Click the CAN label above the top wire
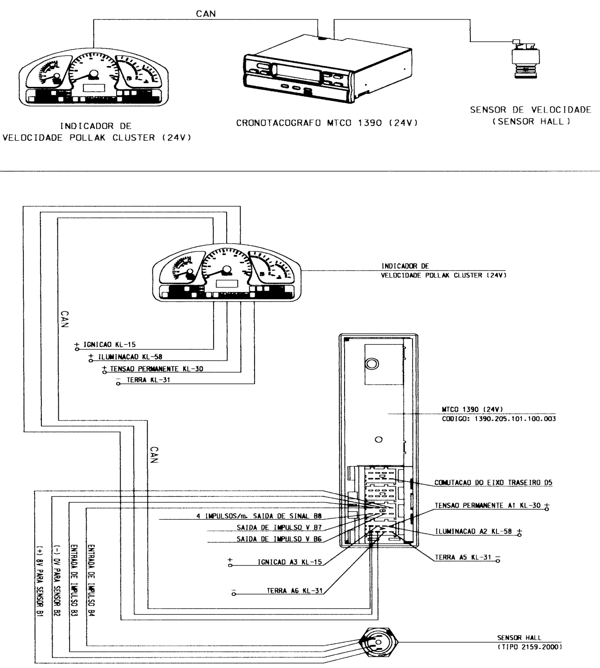click(206, 14)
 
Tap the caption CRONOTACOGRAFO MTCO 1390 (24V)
click(327, 123)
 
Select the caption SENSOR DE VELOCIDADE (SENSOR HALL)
click(531, 116)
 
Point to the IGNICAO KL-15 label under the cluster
click(109, 345)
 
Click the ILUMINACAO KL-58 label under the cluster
click(130, 357)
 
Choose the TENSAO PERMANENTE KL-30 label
click(157, 369)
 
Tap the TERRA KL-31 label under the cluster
click(148, 380)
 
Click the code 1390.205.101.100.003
click(515, 419)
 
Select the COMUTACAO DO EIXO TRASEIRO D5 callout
click(493, 482)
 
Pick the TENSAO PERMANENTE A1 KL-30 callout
click(488, 505)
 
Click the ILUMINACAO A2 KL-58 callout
click(473, 532)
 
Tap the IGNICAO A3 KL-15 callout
click(290, 562)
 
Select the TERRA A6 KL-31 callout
click(295, 591)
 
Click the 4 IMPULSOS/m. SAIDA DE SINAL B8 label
click(259, 516)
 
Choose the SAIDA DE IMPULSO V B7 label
click(279, 528)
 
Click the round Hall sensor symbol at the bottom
click(378, 642)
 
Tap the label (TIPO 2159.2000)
click(530, 647)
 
